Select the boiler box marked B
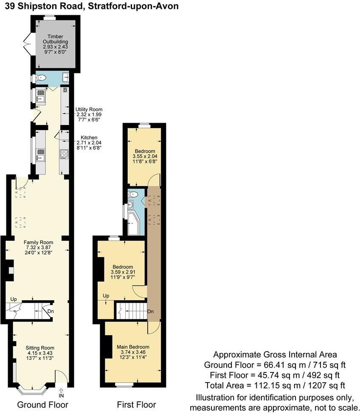coord(65,90)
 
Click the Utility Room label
coord(89,109)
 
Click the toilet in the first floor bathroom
coord(134,194)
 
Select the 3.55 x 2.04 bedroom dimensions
coord(145,156)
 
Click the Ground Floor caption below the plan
coord(42,405)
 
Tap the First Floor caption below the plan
coord(136,405)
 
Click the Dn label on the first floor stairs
coord(150,312)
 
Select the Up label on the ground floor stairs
coord(14,299)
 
